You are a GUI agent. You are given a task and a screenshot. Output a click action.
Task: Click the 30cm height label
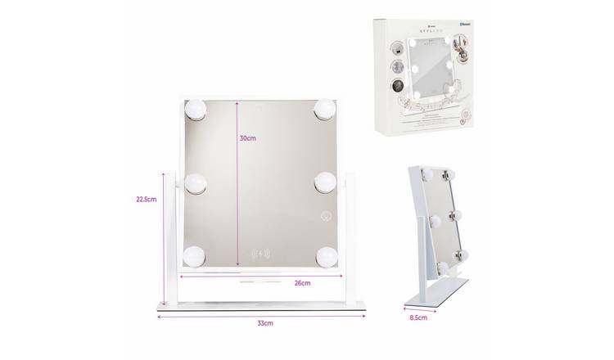coord(248,139)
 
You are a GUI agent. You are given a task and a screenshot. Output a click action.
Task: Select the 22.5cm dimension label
coord(147,198)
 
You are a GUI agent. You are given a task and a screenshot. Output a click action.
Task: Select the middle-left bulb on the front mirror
coord(196,182)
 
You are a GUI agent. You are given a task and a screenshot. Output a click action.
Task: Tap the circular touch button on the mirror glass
coord(326,216)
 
